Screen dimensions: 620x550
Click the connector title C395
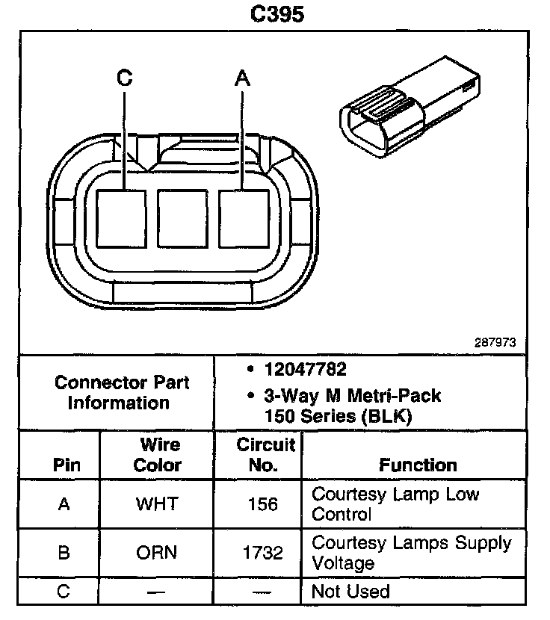click(276, 13)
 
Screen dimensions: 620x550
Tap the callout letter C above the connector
click(125, 77)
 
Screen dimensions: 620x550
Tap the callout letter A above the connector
click(241, 77)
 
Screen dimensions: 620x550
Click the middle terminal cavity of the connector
click(182, 217)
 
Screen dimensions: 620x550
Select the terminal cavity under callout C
click(122, 217)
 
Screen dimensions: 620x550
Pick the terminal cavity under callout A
click(243, 217)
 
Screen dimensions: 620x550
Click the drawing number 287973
click(495, 343)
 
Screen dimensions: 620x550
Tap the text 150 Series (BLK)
click(338, 417)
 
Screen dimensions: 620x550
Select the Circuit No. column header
click(266, 454)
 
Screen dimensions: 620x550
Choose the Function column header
click(418, 465)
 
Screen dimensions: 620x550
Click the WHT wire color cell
click(157, 504)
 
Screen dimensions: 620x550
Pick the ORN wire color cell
click(157, 554)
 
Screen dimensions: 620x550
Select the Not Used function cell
click(350, 592)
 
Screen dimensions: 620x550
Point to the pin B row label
click(64, 554)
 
